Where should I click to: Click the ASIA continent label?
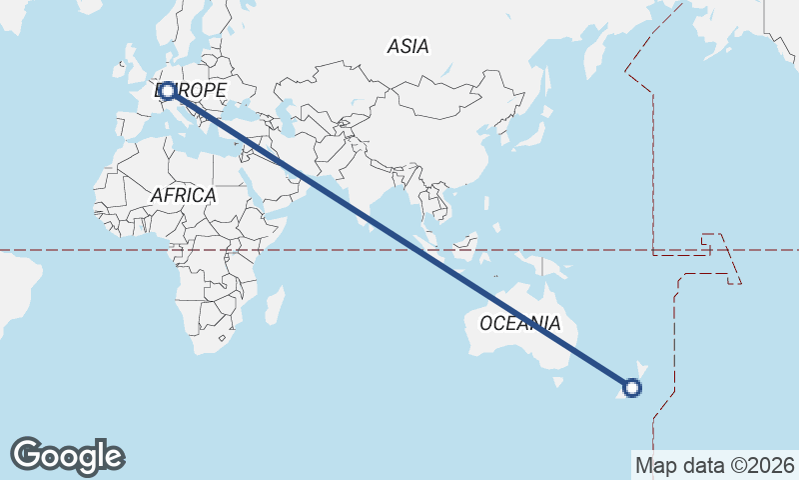407,46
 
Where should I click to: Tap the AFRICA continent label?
184,195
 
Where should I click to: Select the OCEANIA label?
519,323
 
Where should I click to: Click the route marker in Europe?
168,91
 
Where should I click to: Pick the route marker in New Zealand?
631,387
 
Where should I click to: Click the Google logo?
67,455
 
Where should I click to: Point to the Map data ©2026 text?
715,465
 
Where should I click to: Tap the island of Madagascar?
274,304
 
